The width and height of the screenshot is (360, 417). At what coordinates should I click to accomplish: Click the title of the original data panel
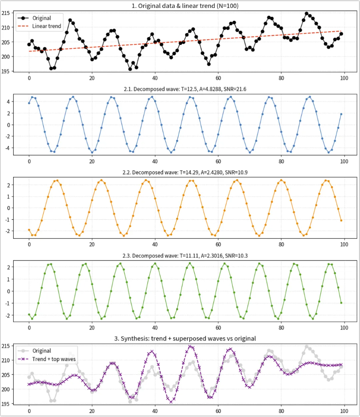[185, 6]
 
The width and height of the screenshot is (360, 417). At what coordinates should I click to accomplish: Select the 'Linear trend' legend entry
[39, 26]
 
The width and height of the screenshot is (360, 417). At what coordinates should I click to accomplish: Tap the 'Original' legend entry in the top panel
[34, 18]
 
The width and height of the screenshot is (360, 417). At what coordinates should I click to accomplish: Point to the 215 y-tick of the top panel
[5, 13]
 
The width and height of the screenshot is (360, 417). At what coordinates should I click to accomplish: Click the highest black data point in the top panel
[307, 13]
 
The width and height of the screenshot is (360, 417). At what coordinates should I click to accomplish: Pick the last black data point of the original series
[341, 34]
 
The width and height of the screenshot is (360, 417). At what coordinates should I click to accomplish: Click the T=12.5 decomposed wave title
[185, 89]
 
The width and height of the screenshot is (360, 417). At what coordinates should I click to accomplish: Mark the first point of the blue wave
[29, 103]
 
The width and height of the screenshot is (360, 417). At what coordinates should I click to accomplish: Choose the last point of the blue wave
[341, 114]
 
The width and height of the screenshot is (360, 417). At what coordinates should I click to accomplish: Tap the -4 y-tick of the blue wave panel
[8, 148]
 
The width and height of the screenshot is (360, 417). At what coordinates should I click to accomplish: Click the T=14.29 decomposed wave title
[185, 173]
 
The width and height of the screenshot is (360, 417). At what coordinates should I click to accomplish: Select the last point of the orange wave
[341, 220]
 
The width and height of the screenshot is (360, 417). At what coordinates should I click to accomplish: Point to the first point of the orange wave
[29, 230]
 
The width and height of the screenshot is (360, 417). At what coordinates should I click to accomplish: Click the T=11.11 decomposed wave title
[185, 255]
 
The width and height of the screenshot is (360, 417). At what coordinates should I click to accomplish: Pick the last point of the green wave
[341, 303]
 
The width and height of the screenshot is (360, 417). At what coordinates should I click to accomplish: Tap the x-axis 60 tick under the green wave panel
[218, 327]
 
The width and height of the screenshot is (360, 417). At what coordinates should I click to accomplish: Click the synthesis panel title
[185, 338]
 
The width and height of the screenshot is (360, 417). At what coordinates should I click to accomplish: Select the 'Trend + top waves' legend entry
[46, 359]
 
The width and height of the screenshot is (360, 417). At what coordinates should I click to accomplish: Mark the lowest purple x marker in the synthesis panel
[171, 402]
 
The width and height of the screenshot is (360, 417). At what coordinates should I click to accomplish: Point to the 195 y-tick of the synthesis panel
[5, 404]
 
